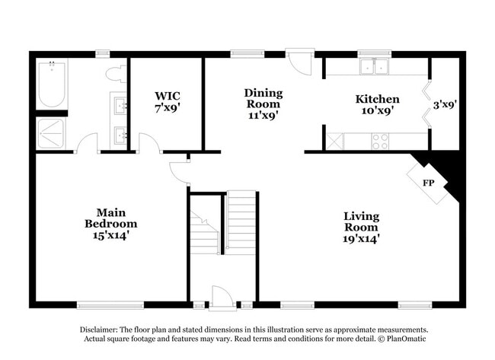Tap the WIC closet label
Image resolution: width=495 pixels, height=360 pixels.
pos(168,96)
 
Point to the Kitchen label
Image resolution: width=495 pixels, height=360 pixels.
pos(377,99)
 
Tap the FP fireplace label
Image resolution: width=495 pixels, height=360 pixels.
pos(430,183)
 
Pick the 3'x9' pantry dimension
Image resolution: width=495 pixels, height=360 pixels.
pos(445,104)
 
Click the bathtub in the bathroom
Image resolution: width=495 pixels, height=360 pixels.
pos(52,84)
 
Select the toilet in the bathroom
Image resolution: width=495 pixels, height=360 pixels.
pos(116,74)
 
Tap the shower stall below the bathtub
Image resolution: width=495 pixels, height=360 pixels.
pos(52,133)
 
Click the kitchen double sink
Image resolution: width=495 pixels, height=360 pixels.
pos(373,68)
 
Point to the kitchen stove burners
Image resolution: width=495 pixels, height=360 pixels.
pos(379,141)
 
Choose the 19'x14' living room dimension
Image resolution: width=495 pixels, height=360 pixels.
pos(361,238)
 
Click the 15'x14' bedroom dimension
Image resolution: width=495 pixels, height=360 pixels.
pos(110,235)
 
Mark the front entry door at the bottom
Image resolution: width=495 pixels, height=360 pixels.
pos(222,298)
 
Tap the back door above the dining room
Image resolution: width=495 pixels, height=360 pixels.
pos(300,62)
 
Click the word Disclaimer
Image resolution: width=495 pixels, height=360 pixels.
pos(102,330)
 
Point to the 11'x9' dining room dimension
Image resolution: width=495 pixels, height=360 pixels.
pos(263,116)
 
